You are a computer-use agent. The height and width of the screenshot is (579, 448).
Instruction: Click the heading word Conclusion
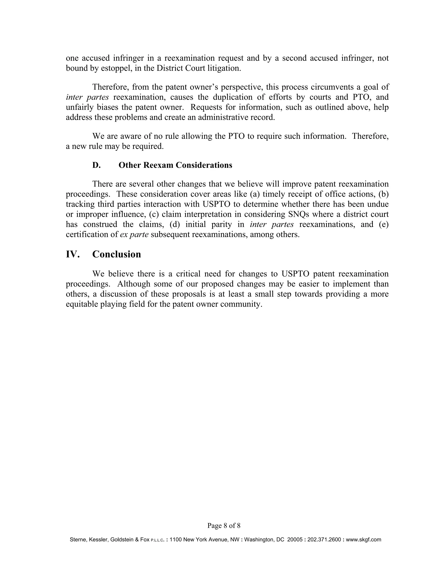click(x=117, y=254)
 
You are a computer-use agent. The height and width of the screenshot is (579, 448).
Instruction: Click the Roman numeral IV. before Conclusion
click(x=72, y=254)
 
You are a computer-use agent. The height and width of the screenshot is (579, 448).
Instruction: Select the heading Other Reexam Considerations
click(x=175, y=165)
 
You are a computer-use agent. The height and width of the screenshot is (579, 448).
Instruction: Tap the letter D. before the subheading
click(x=96, y=165)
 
